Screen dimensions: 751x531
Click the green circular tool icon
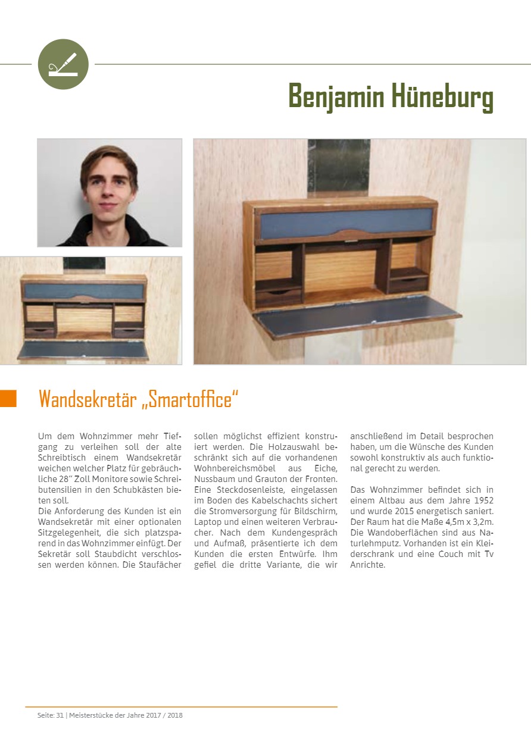[63, 64]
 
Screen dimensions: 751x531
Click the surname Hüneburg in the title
[434, 96]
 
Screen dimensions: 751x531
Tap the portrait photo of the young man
[110, 193]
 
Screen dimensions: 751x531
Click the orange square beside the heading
[8, 398]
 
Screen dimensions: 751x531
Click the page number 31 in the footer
[60, 715]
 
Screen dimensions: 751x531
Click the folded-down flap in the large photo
[357, 316]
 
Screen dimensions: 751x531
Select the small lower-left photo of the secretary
[90, 310]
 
